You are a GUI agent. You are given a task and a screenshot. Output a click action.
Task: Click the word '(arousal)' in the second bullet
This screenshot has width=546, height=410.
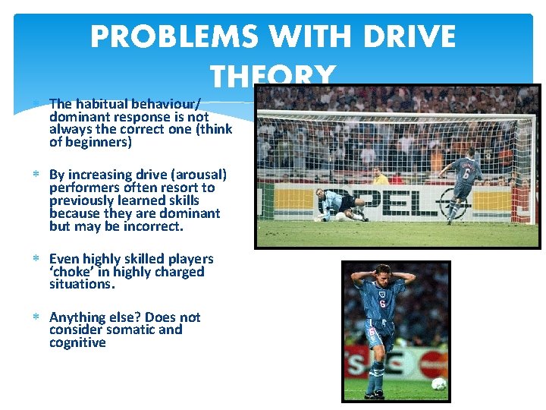tap(196, 175)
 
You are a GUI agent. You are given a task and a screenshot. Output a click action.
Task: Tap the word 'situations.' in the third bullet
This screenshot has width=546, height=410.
tap(82, 284)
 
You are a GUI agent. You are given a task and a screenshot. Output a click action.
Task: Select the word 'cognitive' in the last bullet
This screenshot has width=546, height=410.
tap(77, 342)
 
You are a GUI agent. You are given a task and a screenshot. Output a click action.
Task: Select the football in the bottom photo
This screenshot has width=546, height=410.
tap(438, 384)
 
